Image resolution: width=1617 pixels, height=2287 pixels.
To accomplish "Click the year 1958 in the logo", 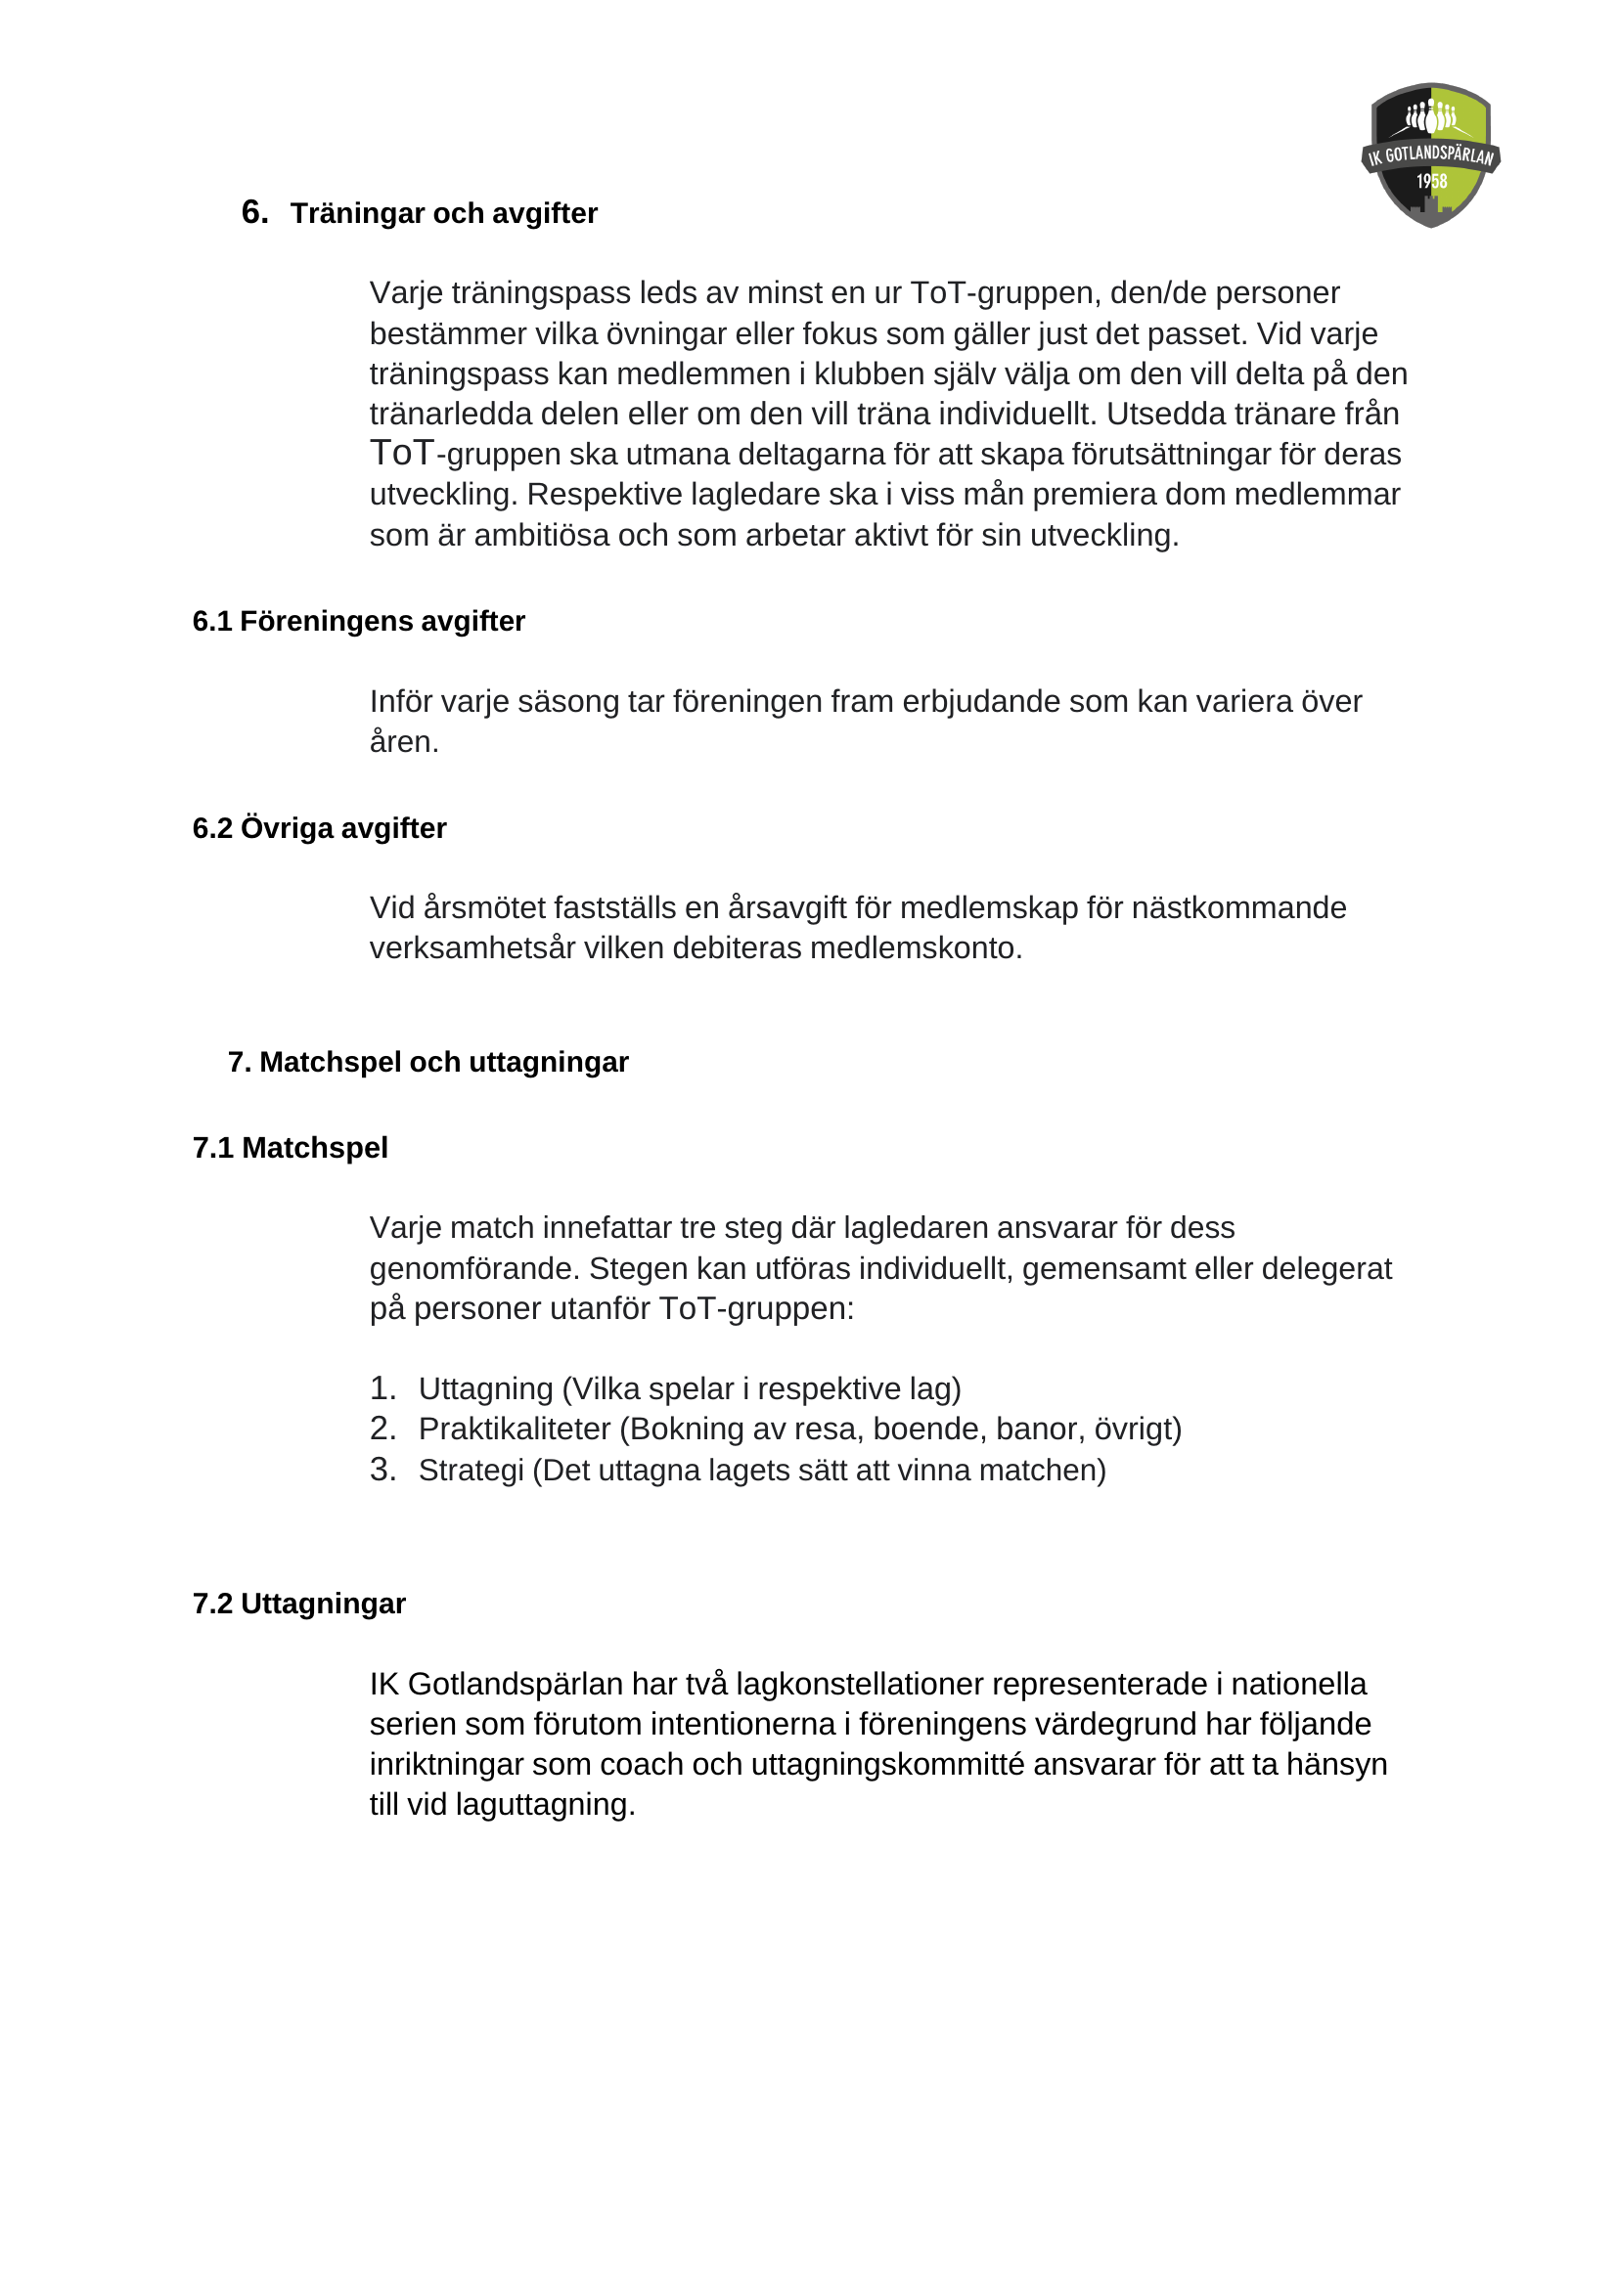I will click(1432, 181).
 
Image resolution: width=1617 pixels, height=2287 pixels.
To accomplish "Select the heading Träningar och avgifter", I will click(443, 213).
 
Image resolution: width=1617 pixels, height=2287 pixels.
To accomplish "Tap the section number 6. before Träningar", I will click(254, 212).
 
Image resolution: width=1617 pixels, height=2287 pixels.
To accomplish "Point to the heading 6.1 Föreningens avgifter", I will click(358, 621).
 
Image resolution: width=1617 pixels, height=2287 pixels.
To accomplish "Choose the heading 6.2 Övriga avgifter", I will click(319, 828).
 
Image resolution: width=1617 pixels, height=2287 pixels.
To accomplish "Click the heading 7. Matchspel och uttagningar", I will click(427, 1062).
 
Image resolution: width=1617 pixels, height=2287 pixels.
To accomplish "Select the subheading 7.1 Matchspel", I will click(290, 1148).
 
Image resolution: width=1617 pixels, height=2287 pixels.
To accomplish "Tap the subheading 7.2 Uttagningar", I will click(299, 1604).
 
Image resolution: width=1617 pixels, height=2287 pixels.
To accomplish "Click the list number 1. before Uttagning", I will click(382, 1388).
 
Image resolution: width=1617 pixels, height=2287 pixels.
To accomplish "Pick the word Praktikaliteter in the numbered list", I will click(515, 1429).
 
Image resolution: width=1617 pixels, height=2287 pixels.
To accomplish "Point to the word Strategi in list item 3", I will click(471, 1471).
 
